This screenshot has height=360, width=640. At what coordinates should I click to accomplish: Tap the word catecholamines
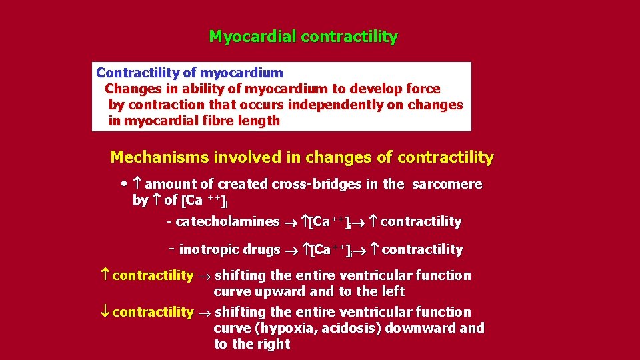coord(227,221)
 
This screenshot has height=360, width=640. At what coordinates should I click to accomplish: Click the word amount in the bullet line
coord(171,184)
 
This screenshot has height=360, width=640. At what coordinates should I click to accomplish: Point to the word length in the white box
coord(261,121)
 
